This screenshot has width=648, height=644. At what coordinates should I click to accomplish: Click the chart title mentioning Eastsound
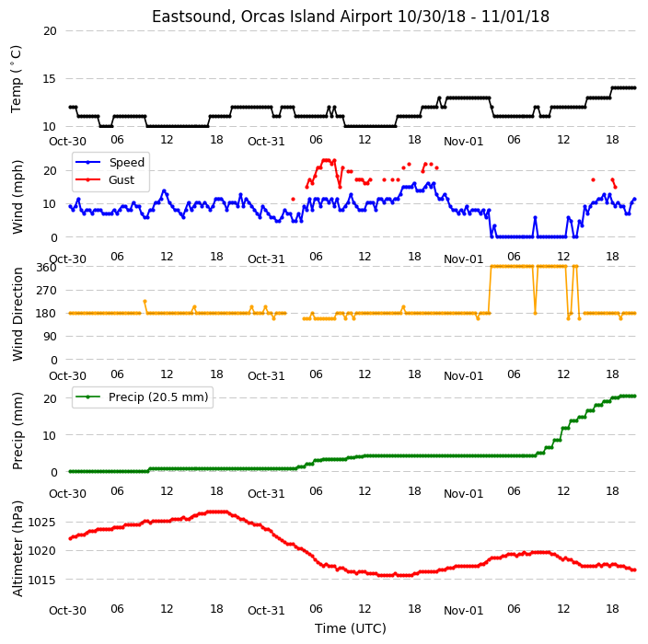click(351, 17)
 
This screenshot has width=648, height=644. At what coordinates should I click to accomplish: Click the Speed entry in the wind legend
click(126, 162)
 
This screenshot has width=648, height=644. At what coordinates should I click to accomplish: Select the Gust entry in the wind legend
click(121, 179)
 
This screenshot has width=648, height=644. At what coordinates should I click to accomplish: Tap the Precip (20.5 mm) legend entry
click(158, 397)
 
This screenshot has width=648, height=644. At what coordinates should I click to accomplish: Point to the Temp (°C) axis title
click(17, 78)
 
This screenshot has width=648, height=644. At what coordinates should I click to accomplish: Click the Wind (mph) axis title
click(17, 197)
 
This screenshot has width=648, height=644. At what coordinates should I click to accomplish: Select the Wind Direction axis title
click(17, 314)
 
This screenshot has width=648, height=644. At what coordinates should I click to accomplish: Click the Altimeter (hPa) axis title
click(17, 548)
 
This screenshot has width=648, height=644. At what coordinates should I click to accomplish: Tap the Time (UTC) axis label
click(351, 628)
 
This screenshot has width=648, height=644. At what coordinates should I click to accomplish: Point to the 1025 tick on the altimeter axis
click(41, 523)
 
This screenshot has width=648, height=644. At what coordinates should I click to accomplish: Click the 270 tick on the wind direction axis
click(46, 291)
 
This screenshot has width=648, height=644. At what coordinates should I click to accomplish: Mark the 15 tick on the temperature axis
click(50, 78)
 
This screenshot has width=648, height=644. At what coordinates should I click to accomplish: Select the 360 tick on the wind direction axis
click(46, 268)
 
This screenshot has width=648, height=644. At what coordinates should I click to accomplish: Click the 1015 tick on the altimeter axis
click(41, 580)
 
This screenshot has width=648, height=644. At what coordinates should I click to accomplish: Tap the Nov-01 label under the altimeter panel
click(463, 611)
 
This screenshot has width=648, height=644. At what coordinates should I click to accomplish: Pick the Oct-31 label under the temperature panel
click(266, 142)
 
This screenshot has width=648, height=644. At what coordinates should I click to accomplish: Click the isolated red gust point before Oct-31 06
click(293, 199)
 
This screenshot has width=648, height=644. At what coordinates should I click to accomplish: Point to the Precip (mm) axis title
click(17, 431)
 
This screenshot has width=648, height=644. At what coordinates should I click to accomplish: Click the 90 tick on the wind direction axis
click(50, 337)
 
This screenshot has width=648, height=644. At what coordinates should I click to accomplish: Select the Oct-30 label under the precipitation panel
click(67, 494)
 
